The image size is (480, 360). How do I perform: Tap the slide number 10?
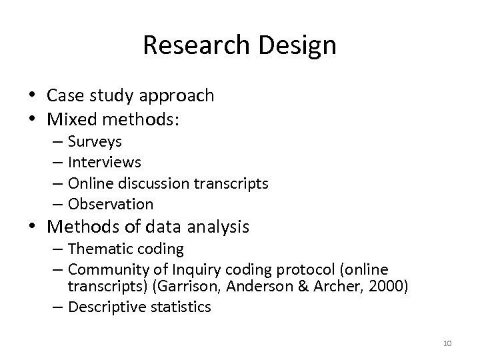point(447,343)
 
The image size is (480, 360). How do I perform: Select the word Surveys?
point(95,142)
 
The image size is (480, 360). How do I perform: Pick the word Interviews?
point(105,162)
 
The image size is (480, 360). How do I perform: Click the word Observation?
point(111,203)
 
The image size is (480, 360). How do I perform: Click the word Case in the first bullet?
point(65,95)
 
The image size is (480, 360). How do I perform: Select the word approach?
point(181,96)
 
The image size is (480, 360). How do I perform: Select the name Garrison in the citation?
point(210,287)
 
